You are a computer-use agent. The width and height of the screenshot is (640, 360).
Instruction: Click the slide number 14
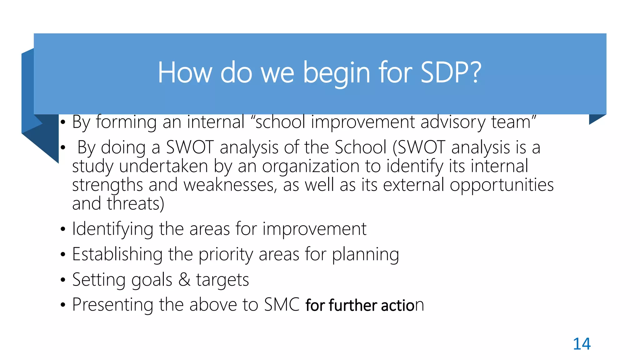point(582,344)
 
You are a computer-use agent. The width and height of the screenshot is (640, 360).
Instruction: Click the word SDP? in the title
point(451,72)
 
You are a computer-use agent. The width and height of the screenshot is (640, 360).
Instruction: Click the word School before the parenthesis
point(360,147)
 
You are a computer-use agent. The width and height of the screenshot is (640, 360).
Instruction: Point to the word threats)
point(135,204)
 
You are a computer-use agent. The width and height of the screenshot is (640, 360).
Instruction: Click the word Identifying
point(112,229)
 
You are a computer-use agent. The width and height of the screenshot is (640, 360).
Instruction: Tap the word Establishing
point(117,254)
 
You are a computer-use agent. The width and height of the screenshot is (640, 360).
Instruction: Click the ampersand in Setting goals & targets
point(184,279)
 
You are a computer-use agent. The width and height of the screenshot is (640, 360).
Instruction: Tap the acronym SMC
point(282,305)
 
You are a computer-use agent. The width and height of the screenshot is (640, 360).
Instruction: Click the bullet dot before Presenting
point(63,305)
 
